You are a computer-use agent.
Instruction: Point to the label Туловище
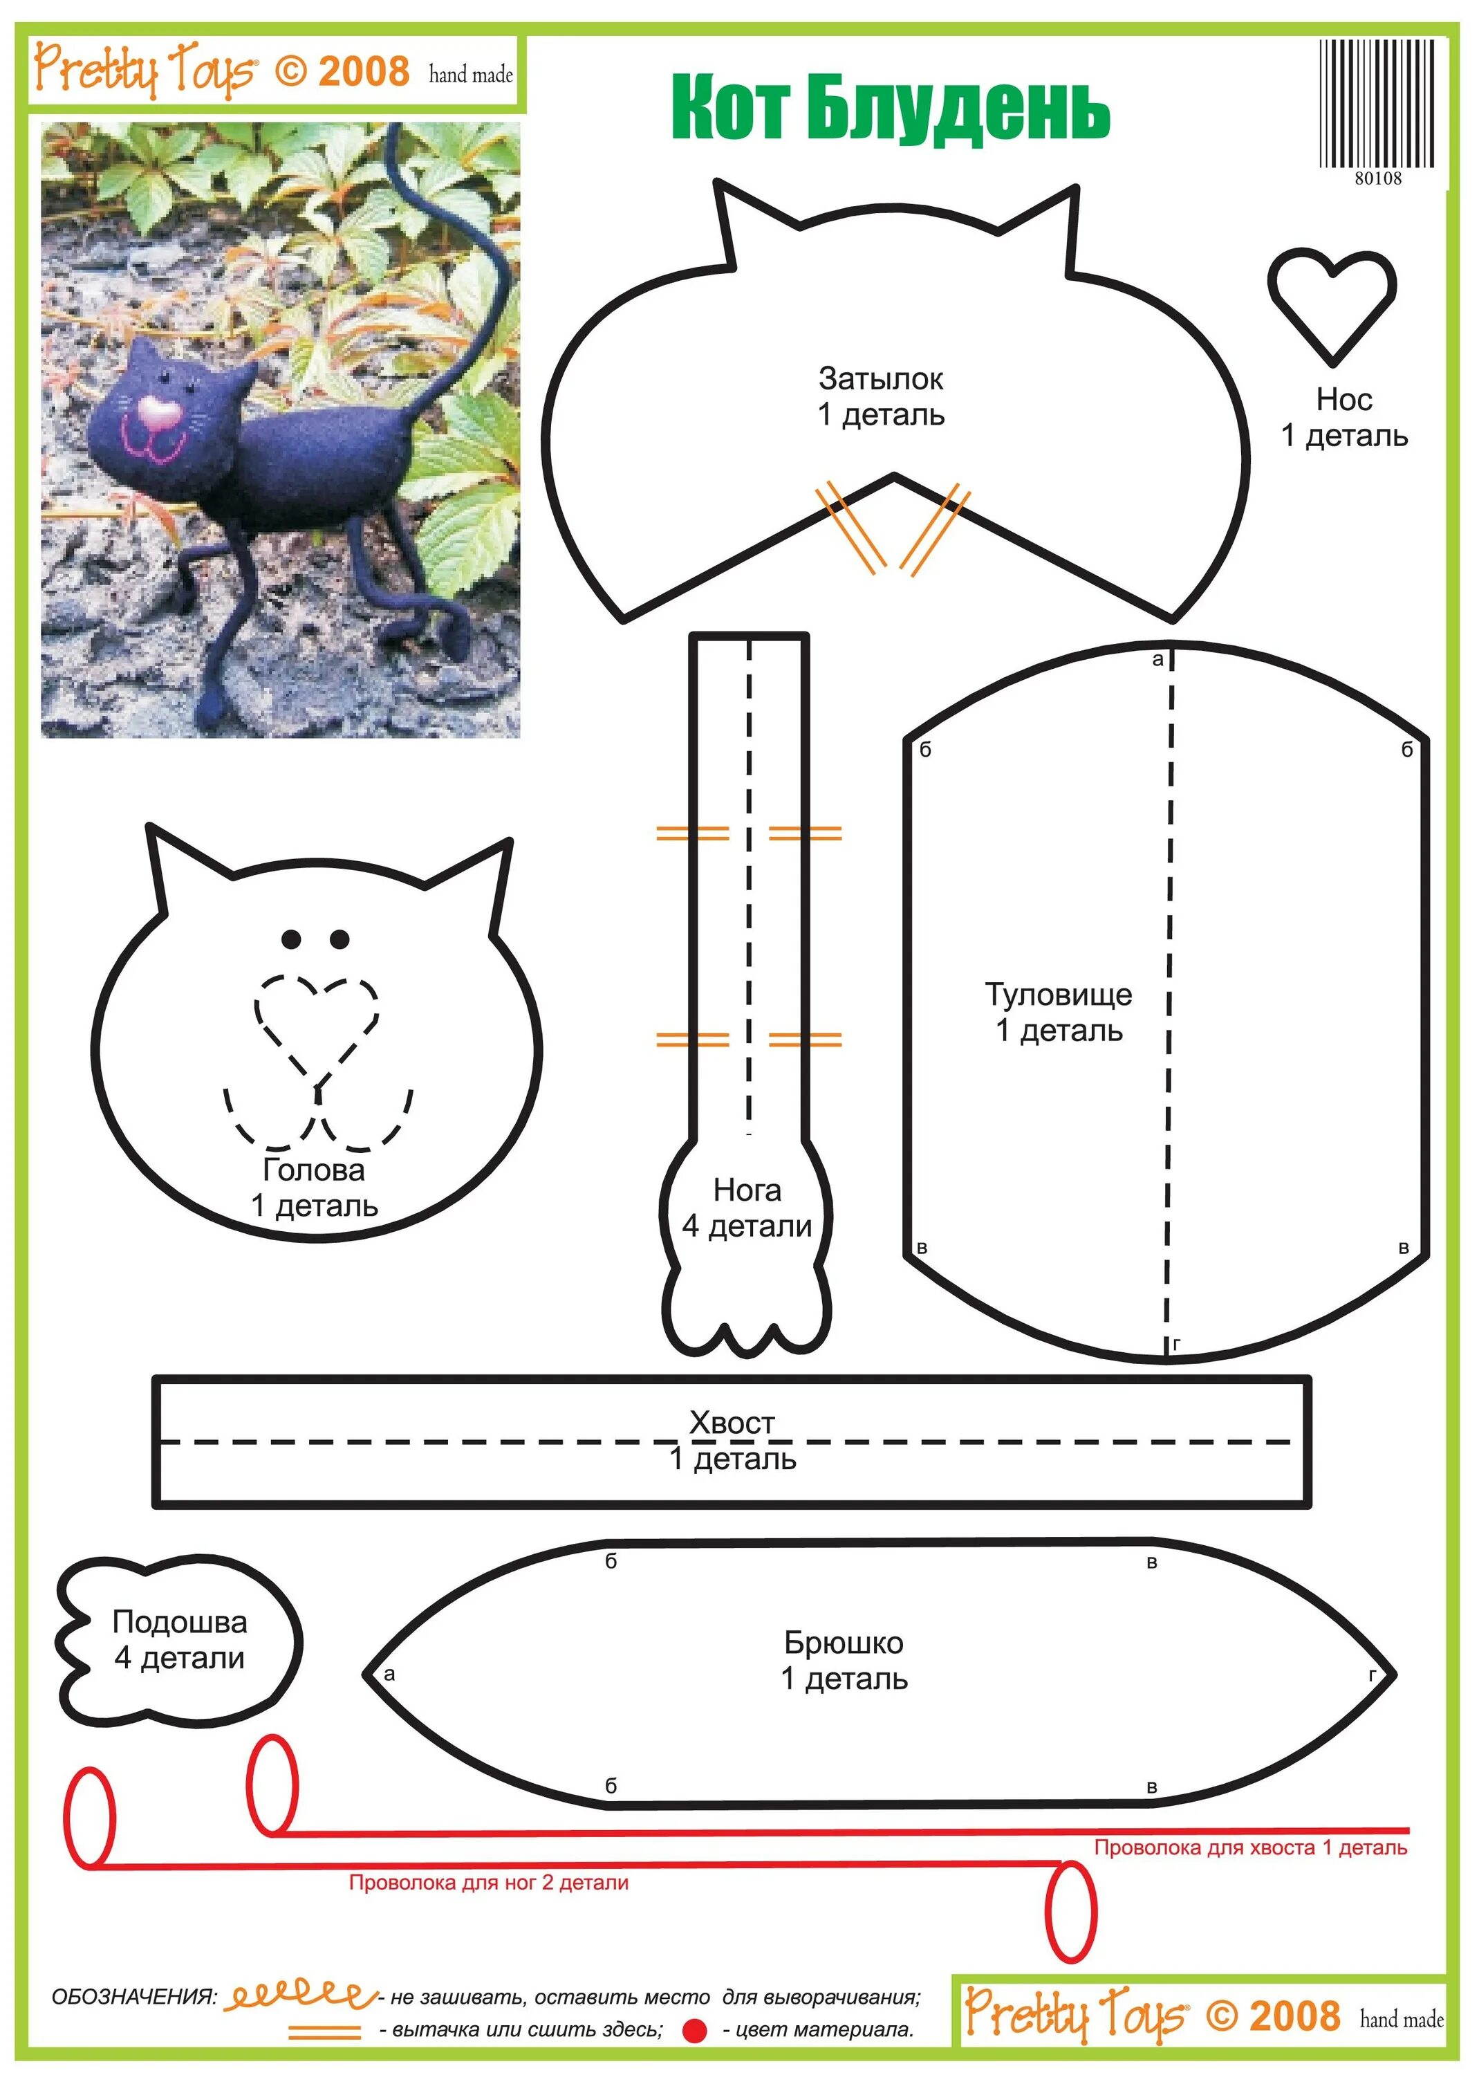(1058, 994)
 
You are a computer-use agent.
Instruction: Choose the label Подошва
(179, 1621)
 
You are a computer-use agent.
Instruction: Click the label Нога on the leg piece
(747, 1190)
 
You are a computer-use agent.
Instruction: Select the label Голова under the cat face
(313, 1170)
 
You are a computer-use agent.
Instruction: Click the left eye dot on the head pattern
(291, 938)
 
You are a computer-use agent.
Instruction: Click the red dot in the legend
(695, 2030)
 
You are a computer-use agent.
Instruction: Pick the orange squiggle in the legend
(299, 1997)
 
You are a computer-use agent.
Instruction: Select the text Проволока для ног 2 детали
(488, 1883)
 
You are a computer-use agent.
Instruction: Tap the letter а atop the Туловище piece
(1157, 659)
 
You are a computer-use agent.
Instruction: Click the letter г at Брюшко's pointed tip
(1372, 1675)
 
